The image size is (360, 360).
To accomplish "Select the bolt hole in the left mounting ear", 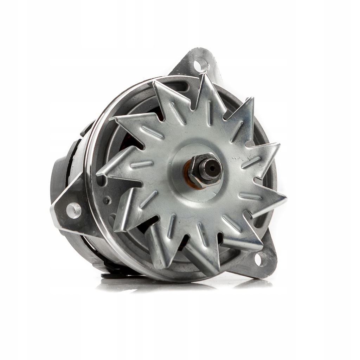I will click(x=73, y=210).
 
